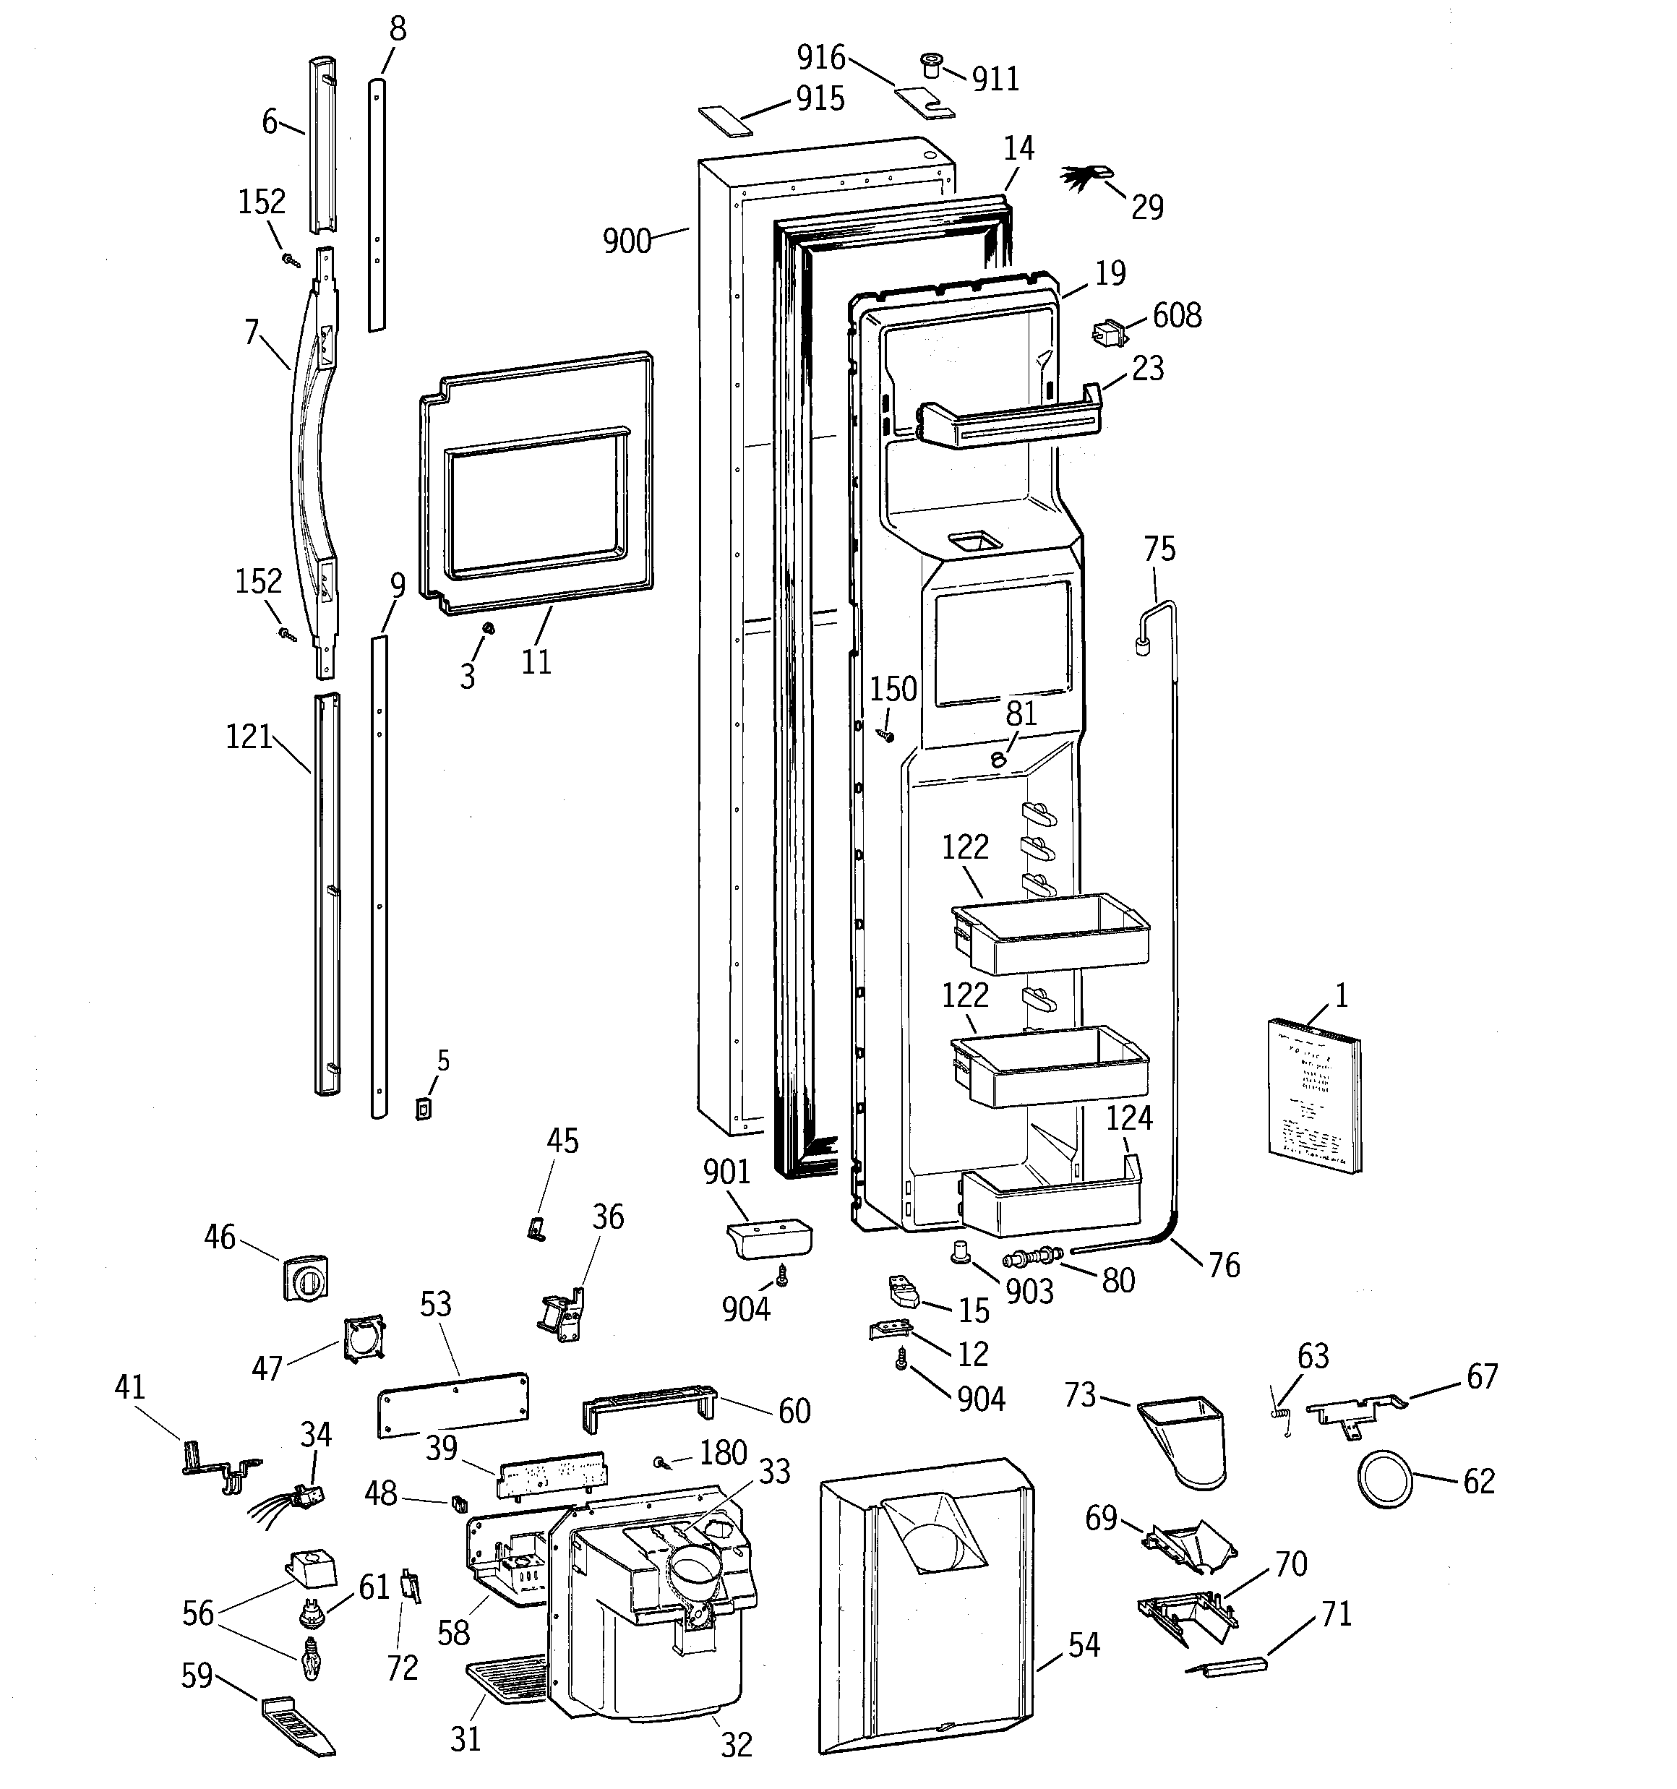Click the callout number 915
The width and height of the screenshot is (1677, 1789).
click(x=820, y=98)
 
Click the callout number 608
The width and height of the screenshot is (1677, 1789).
click(x=1177, y=316)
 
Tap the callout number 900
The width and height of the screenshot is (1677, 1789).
click(x=627, y=241)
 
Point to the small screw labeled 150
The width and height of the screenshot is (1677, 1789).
click(x=888, y=736)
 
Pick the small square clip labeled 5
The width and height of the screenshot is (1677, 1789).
click(x=422, y=1109)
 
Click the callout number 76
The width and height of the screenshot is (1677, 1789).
click(x=1223, y=1264)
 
